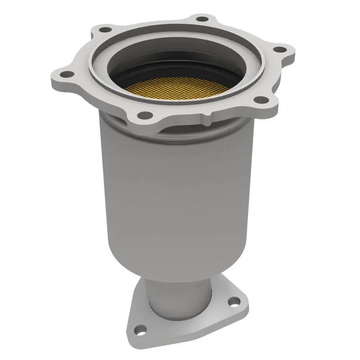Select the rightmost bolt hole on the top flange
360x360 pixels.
279,49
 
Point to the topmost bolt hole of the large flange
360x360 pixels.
202,19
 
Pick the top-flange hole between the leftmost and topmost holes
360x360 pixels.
105,30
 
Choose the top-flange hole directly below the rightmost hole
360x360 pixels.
260,100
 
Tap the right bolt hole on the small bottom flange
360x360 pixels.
232,302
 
